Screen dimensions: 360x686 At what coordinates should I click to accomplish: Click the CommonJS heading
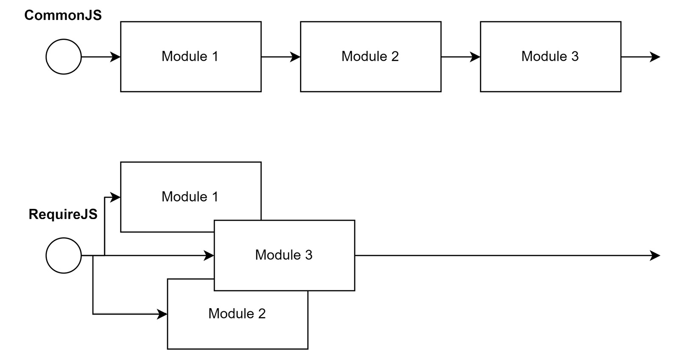(x=63, y=15)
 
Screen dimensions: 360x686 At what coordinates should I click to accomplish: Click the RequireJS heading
(x=63, y=214)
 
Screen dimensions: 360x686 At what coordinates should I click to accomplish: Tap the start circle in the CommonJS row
(x=64, y=57)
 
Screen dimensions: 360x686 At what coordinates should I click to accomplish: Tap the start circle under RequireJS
(x=64, y=256)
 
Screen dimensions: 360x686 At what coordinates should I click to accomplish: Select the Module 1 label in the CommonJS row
(x=190, y=56)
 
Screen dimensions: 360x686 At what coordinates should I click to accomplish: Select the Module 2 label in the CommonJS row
(x=370, y=56)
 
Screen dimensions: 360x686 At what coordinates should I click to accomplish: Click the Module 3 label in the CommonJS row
(x=550, y=56)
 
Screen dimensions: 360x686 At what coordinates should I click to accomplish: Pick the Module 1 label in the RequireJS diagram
(x=190, y=197)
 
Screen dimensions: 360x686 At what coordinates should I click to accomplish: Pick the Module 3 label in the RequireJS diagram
(x=283, y=255)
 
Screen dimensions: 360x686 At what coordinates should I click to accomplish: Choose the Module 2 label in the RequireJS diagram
(x=237, y=313)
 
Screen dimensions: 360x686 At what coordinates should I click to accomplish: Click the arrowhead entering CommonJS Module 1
(x=115, y=57)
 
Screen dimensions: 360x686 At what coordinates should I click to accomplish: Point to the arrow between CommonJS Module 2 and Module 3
(x=461, y=57)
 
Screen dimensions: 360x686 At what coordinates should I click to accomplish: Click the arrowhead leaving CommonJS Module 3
(x=655, y=57)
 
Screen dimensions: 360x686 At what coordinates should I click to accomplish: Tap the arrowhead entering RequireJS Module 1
(x=115, y=197)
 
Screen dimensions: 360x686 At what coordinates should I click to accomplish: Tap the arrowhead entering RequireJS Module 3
(x=209, y=256)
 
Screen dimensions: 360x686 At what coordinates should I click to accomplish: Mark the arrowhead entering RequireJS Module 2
(x=162, y=314)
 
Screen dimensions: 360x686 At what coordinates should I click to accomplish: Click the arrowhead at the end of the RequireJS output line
(x=655, y=256)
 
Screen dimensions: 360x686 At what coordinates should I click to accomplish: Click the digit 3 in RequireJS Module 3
(x=309, y=255)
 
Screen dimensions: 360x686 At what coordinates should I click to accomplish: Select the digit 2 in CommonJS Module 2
(x=395, y=56)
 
